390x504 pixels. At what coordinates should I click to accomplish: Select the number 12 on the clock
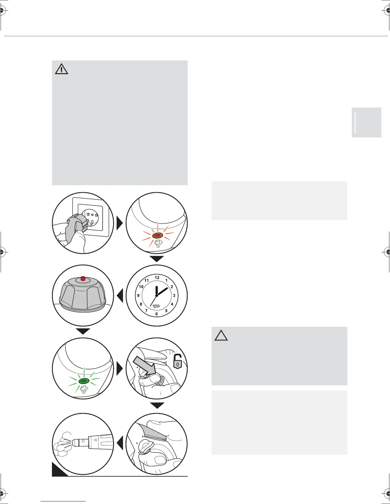pyautogui.click(x=157, y=277)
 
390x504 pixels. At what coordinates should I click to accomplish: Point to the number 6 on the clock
pyautogui.click(x=156, y=314)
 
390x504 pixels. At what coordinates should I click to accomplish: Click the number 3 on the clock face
pyautogui.click(x=174, y=296)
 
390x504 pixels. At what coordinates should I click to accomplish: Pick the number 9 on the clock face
pyautogui.click(x=138, y=296)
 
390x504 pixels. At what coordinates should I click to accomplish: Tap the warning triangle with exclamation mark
pyautogui.click(x=61, y=69)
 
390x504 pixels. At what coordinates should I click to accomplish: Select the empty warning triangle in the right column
pyautogui.click(x=221, y=335)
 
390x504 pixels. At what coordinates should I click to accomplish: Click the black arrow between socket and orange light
pyautogui.click(x=119, y=223)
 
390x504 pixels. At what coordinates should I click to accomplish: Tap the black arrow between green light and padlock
pyautogui.click(x=119, y=369)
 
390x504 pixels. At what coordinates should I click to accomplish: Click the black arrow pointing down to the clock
pyautogui.click(x=156, y=258)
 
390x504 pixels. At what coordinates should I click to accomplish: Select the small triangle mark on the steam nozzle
pyautogui.click(x=95, y=439)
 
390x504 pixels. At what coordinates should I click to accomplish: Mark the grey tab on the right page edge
pyautogui.click(x=366, y=122)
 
